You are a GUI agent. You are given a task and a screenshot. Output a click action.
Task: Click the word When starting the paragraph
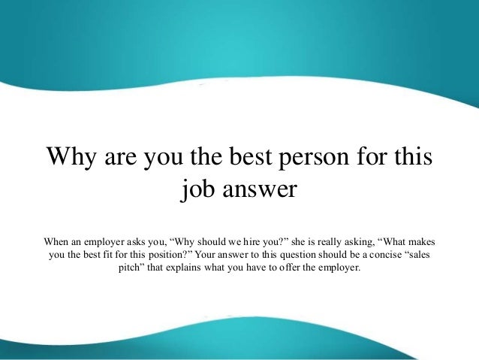pyautogui.click(x=59, y=243)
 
